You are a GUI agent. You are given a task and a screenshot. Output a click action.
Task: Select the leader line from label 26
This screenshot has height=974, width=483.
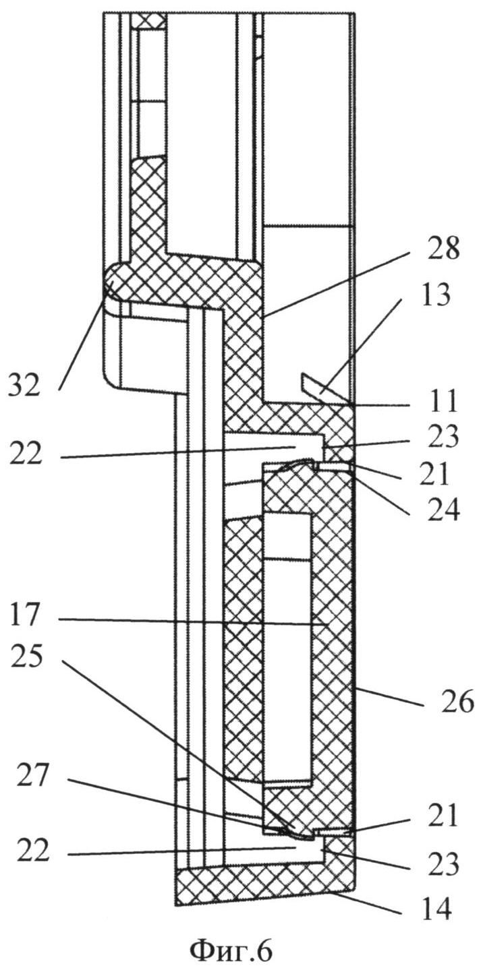coord(391,696)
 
